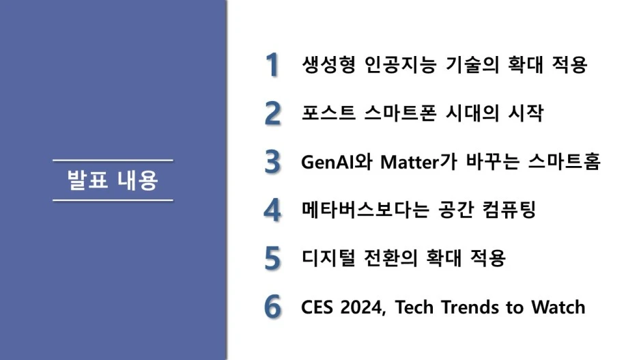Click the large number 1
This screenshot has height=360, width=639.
272,65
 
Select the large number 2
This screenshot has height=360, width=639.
272,113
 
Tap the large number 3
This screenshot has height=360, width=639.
272,162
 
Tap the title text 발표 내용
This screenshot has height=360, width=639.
113,180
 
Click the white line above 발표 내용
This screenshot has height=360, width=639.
113,161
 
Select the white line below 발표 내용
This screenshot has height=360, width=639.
113,200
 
